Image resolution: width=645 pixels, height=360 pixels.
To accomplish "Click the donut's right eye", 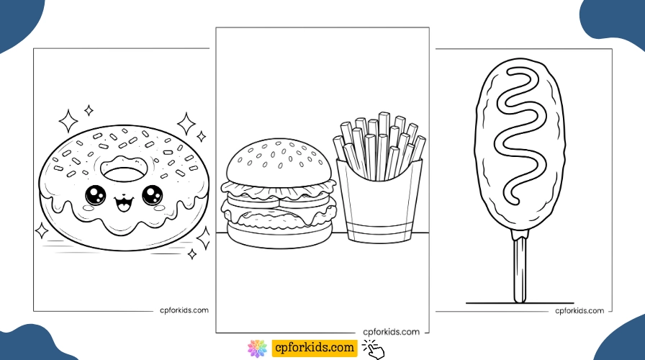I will (152, 194).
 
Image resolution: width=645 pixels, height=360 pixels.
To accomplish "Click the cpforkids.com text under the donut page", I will (184, 310).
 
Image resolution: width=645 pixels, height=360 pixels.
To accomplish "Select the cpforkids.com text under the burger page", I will (391, 332).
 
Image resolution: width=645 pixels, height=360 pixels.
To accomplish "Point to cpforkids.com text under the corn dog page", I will (579, 310).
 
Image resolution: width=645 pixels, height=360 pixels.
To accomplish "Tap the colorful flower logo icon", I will (258, 348).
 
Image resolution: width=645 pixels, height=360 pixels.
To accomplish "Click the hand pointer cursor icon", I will (374, 349).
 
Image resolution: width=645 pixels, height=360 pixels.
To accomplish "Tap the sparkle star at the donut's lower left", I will (42, 230).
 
